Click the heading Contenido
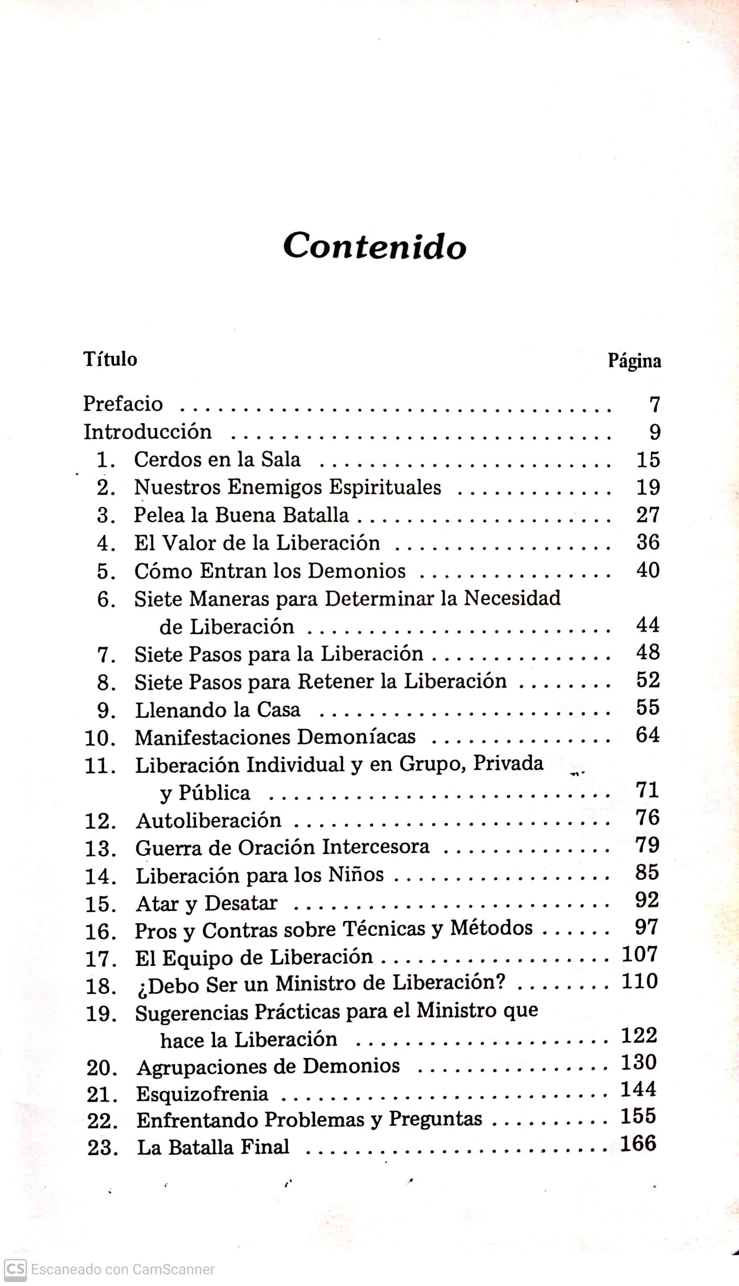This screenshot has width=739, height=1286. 375,246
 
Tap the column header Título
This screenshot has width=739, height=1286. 110,359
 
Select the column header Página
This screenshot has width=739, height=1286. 634,361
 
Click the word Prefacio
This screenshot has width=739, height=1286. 123,404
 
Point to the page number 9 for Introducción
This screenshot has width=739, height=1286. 655,432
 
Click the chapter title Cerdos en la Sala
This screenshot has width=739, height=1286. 217,460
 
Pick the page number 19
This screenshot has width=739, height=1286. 648,488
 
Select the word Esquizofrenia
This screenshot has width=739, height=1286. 202,1093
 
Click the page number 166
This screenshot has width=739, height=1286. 638,1143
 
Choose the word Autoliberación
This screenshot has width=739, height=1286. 208,821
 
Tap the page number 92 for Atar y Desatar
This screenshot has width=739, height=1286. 647,899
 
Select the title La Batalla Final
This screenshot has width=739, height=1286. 213,1147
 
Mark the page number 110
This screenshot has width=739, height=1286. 640,981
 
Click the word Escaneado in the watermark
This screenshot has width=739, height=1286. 65,1269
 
